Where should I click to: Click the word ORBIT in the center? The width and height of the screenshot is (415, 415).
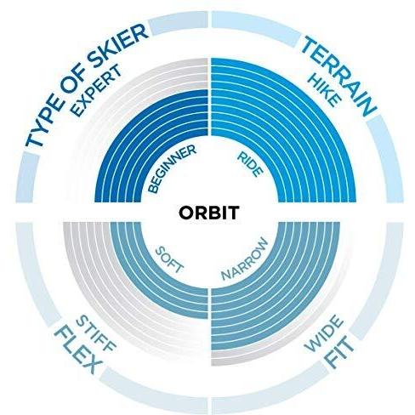pyautogui.click(x=209, y=213)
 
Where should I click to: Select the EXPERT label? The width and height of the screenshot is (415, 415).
pyautogui.click(x=97, y=90)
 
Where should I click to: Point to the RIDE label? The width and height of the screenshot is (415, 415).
pyautogui.click(x=250, y=164)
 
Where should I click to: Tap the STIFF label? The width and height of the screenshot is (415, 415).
pyautogui.click(x=96, y=333)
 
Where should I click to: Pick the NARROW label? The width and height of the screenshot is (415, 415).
pyautogui.click(x=244, y=259)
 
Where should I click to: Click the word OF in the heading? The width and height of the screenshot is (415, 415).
pyautogui.click(x=71, y=85)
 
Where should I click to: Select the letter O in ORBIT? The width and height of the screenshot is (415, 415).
pyautogui.click(x=186, y=213)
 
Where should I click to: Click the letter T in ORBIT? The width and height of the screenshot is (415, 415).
pyautogui.click(x=233, y=213)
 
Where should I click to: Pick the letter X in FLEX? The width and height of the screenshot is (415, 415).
pyautogui.click(x=94, y=366)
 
